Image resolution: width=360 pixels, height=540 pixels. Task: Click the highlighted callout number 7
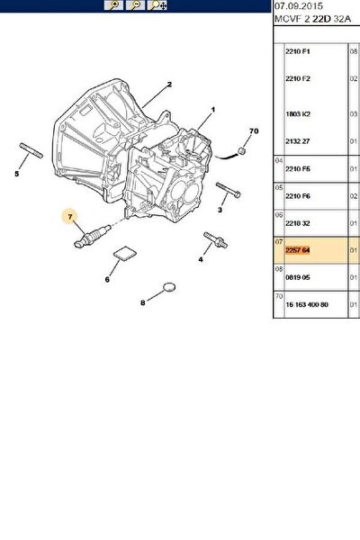[70, 217]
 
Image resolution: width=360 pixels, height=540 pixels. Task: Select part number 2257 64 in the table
[298, 250]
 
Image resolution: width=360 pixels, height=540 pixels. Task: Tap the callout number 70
[254, 130]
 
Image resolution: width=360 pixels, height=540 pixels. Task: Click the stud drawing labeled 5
[31, 150]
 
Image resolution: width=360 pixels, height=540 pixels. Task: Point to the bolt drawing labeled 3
[229, 191]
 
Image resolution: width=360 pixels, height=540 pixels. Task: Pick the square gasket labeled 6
[125, 254]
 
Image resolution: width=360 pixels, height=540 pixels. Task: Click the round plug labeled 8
[169, 286]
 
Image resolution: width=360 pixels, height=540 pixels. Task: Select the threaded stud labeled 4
[215, 239]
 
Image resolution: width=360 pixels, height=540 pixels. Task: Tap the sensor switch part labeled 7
[93, 235]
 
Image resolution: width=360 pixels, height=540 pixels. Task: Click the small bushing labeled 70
[243, 151]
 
